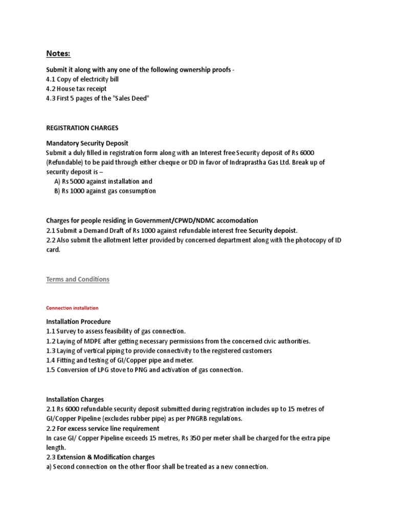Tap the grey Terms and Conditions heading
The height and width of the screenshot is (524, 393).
click(78, 279)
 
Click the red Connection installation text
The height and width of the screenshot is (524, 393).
click(72, 308)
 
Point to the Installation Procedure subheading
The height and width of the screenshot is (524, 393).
click(78, 322)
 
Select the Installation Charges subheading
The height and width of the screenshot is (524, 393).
click(75, 399)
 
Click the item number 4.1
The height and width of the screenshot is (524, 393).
click(51, 79)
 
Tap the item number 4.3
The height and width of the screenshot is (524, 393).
click(51, 99)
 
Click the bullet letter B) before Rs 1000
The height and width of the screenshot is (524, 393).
click(57, 191)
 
